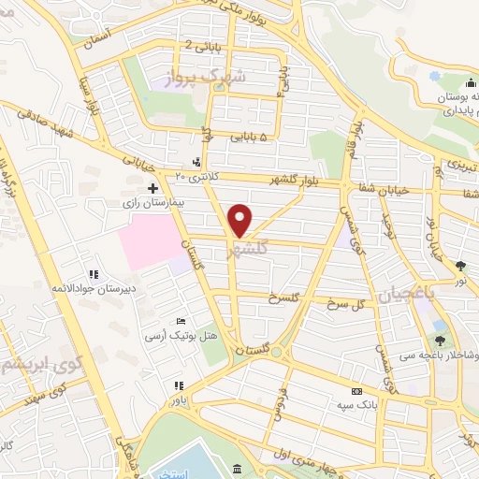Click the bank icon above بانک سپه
click(x=356, y=392)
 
